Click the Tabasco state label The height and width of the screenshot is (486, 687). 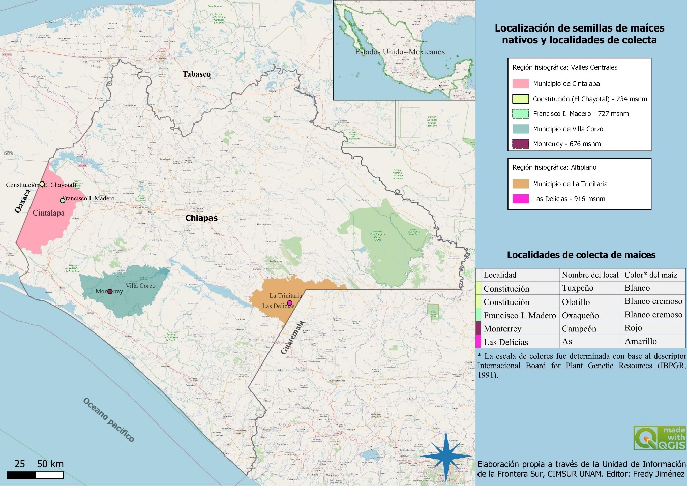196,74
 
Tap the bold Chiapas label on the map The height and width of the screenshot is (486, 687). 201,218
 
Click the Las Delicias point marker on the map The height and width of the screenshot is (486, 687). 290,303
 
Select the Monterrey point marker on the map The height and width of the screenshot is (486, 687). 110,292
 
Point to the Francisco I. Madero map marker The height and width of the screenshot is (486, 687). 63,200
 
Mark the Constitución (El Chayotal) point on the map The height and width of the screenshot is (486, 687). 42,184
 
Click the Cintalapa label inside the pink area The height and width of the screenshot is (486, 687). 48,213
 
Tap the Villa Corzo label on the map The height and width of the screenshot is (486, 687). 140,286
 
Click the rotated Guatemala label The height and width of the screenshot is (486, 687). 292,338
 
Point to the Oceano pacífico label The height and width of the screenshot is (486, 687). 109,420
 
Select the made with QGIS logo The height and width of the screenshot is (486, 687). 659,438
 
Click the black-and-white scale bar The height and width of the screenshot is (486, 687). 35,475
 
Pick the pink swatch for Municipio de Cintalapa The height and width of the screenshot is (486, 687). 520,84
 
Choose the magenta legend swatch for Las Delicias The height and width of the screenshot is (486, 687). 520,199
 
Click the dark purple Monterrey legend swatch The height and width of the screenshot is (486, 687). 520,144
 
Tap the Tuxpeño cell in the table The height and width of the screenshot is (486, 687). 578,288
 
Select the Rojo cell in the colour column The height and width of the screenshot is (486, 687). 633,328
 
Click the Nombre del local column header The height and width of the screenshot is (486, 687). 590,275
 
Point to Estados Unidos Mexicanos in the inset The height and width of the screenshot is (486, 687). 400,52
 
